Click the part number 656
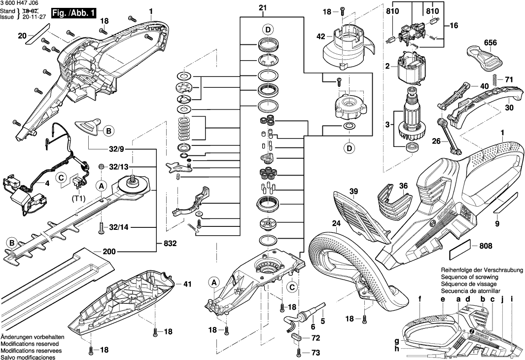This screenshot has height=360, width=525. (x=490, y=43)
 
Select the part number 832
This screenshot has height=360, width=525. (x=170, y=244)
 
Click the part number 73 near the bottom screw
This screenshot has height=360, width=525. (x=315, y=353)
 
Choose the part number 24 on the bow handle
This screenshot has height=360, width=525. (x=336, y=223)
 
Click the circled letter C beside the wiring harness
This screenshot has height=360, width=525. (x=62, y=177)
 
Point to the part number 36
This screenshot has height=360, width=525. (x=404, y=186)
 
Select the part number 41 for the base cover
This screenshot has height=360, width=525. (x=187, y=284)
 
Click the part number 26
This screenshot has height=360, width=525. (x=436, y=141)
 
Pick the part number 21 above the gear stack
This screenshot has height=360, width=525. (x=262, y=7)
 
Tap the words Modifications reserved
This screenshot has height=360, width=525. (x=30, y=343)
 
